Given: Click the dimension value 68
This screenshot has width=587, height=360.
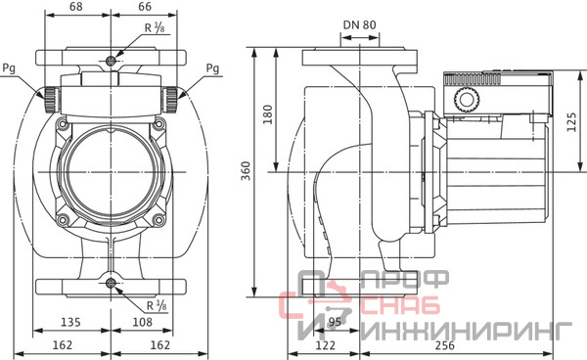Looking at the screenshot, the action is click(x=76, y=7).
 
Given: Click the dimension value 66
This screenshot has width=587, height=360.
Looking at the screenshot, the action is click(x=145, y=7).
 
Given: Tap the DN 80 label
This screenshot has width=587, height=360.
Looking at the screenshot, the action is click(x=359, y=25).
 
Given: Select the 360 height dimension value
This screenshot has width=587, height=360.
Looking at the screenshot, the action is click(x=246, y=170).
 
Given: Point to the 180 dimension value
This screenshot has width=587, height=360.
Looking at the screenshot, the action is click(x=267, y=114).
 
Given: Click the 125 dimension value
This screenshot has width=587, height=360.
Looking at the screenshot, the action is click(x=571, y=122).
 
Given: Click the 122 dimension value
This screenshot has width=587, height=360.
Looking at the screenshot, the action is click(x=325, y=345).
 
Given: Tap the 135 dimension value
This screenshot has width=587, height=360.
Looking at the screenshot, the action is click(x=70, y=322).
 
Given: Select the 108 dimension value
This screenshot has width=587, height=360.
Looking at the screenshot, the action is click(x=142, y=322).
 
